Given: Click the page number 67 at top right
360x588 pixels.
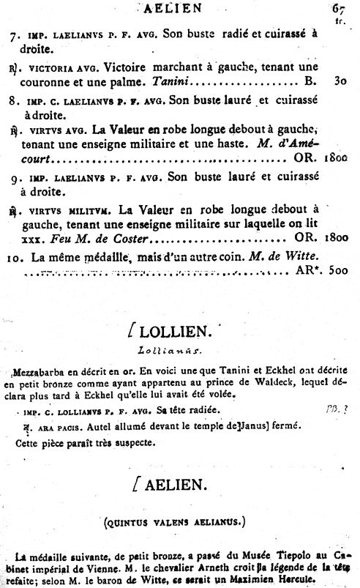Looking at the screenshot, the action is pyautogui.click(x=337, y=8).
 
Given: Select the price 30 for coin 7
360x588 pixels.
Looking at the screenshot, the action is pyautogui.click(x=340, y=80).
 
